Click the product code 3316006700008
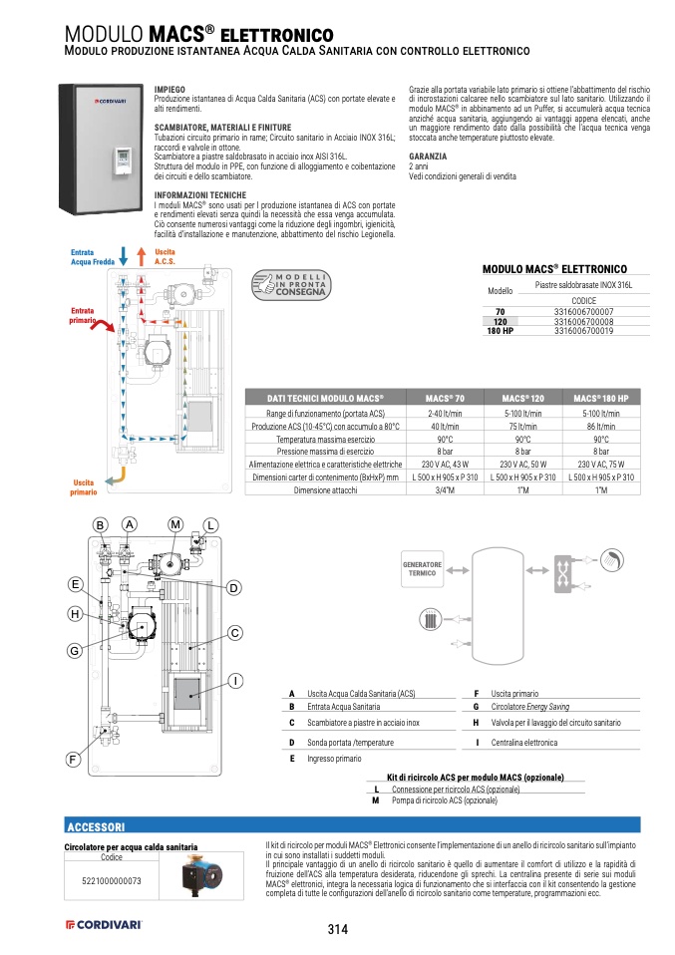583,322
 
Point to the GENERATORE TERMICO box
422,569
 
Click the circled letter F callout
74,760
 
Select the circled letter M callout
175,524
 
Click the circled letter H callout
74,614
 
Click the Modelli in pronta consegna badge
289,283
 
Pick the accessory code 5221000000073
112,880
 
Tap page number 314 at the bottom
337,930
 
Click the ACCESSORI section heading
95,827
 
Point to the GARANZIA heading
427,157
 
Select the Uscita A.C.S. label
165,257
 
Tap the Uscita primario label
84,487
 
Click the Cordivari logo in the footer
103,925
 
